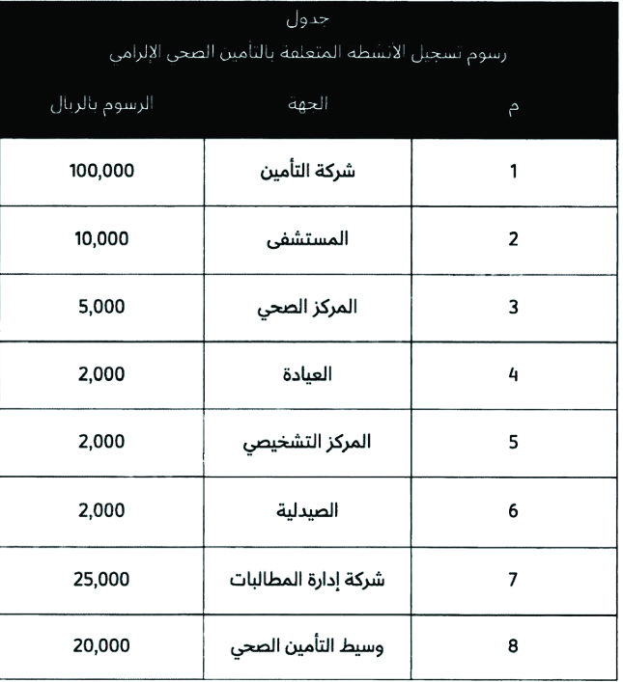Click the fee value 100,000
tap(101, 172)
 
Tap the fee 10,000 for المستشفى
tap(101, 239)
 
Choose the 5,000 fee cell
tap(101, 307)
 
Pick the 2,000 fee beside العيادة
tap(101, 374)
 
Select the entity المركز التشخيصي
tap(307, 442)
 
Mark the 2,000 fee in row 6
tap(101, 510)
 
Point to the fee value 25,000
tap(101, 579)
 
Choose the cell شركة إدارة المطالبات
tap(307, 579)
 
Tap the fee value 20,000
tap(101, 645)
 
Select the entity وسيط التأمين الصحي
tap(307, 645)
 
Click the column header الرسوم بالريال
tap(101, 104)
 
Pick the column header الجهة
tap(308, 104)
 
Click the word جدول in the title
tap(308, 20)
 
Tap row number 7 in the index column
tap(513, 579)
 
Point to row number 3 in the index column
tap(513, 307)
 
